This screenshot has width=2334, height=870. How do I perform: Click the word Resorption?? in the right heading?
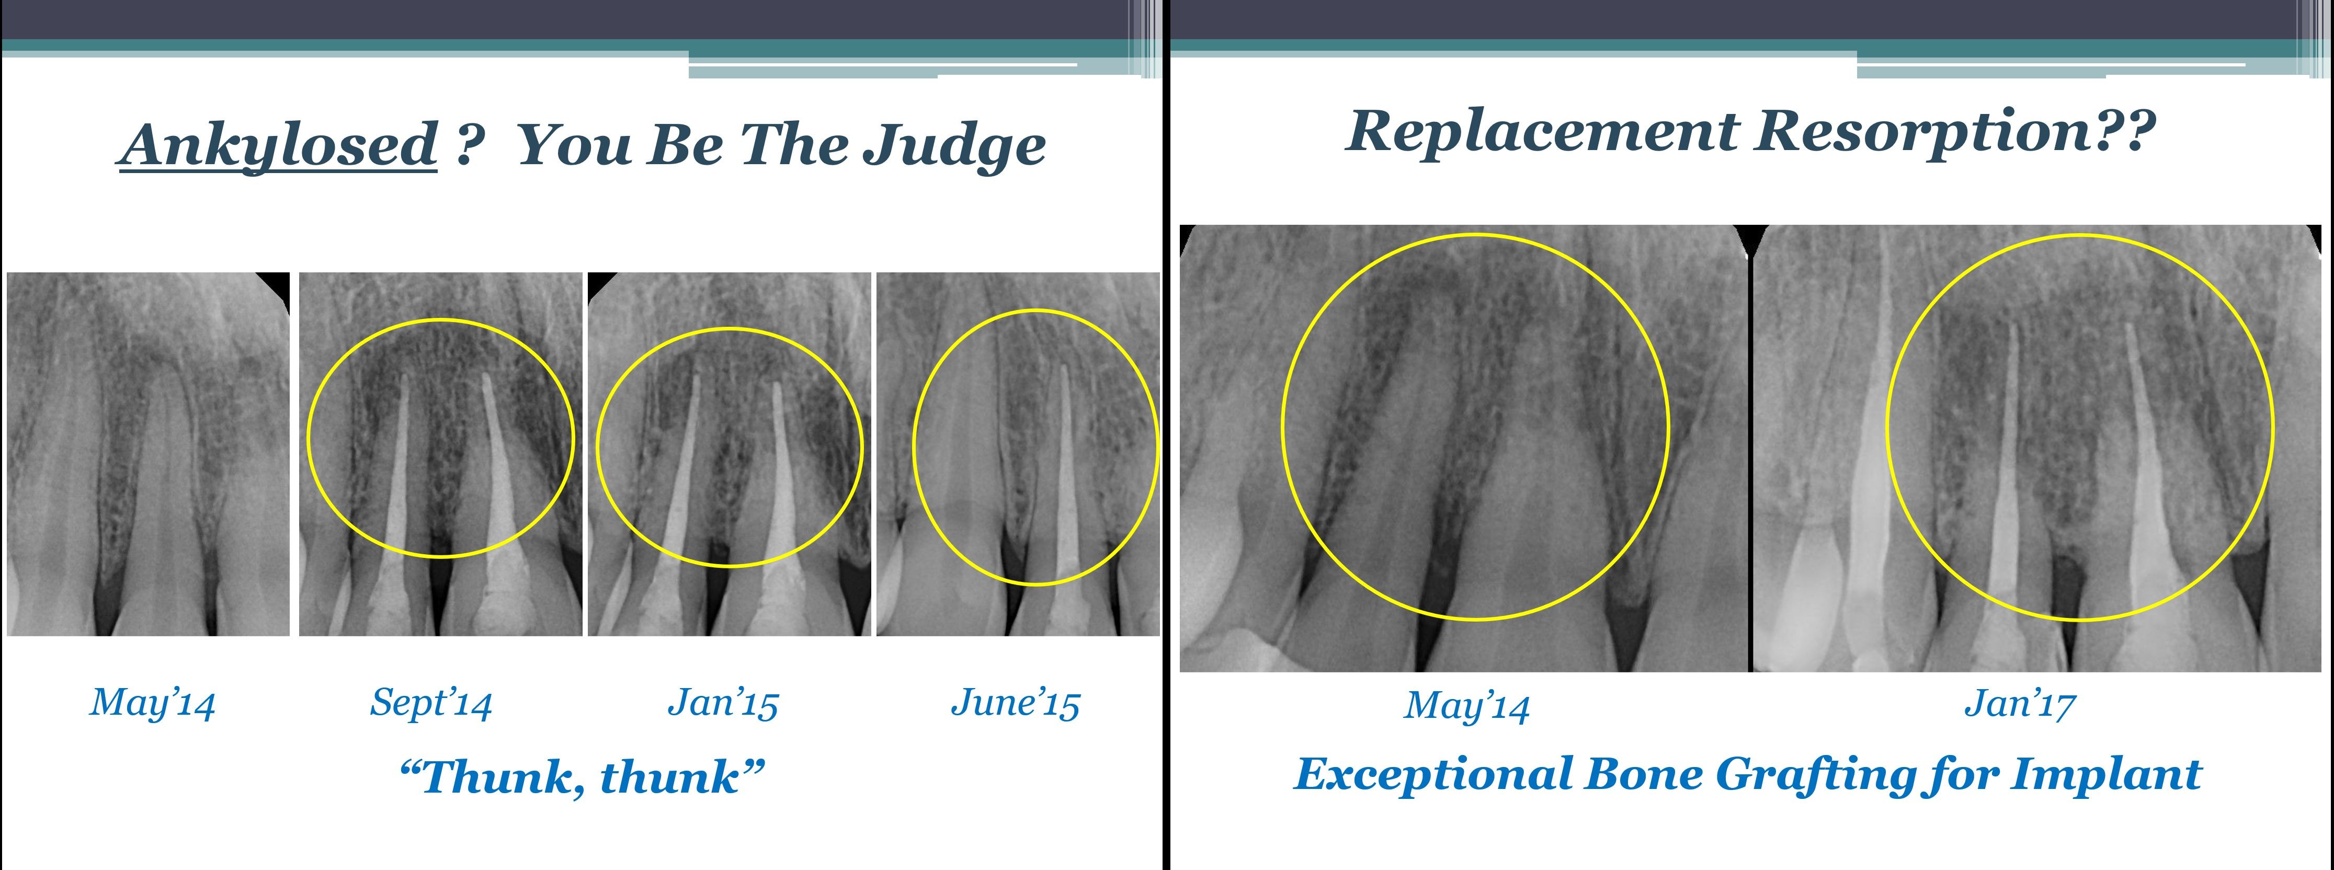1956,131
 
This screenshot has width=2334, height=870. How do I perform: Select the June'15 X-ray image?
1018,453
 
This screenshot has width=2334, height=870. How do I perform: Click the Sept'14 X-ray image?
440,453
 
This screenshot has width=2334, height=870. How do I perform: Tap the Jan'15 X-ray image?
730,453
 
